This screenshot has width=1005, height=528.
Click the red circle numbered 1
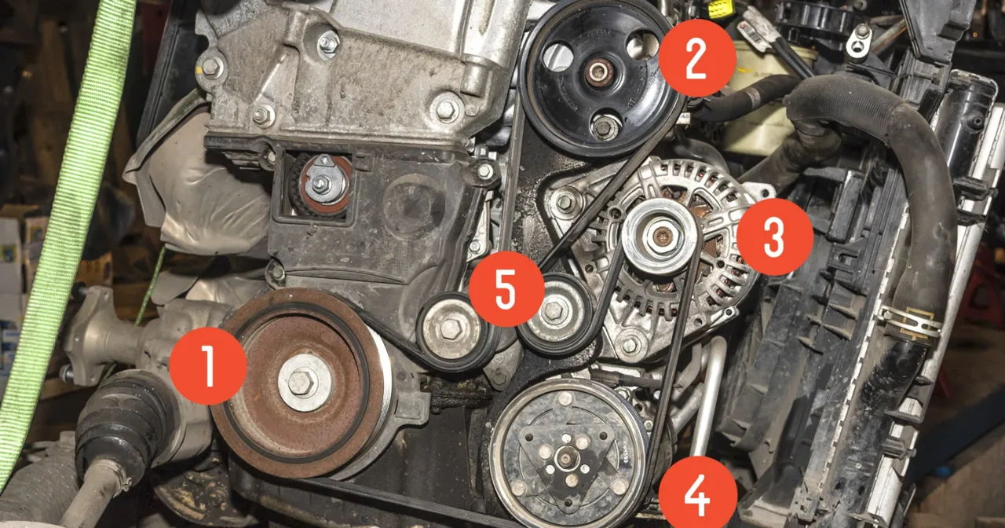point(208,365)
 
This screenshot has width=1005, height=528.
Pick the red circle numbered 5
point(506,289)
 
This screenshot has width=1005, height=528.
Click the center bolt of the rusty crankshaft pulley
point(302,383)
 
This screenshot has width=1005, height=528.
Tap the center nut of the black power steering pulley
point(598,72)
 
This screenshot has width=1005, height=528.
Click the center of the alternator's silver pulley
point(661,236)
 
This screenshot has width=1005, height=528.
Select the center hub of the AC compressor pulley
point(567,456)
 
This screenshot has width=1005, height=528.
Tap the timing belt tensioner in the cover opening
point(322,184)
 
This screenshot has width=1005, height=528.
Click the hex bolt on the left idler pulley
point(451,328)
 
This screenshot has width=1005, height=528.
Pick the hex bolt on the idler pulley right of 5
point(555,311)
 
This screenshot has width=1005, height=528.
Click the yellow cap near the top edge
point(721,9)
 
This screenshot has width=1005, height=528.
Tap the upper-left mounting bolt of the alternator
point(564,202)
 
